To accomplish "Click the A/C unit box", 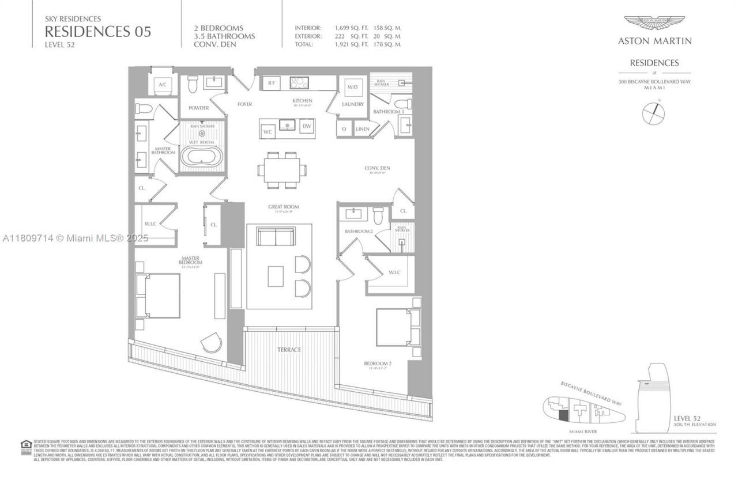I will tap(162, 85).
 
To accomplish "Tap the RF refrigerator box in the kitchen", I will tap(272, 83).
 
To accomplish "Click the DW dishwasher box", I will tap(307, 126).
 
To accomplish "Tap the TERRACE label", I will tap(288, 350).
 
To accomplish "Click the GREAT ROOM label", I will tap(283, 207).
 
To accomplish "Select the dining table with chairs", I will tap(283, 171).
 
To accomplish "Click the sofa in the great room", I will tap(275, 237).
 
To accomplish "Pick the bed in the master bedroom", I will tap(157, 296).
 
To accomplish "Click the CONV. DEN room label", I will tap(377, 168).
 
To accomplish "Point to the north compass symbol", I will tap(654, 112).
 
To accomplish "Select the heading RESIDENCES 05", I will tap(98, 32).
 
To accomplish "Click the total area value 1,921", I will tap(343, 44).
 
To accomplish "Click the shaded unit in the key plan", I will tap(564, 414).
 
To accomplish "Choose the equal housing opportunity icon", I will tap(25, 445).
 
